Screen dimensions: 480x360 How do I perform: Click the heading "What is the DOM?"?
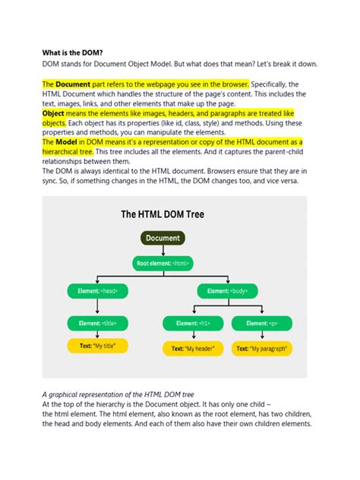click(76, 53)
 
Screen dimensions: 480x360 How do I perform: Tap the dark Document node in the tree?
click(163, 238)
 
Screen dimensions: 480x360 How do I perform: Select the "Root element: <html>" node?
click(163, 264)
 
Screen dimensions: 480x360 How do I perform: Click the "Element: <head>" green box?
click(97, 290)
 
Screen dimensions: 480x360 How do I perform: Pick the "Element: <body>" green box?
click(228, 290)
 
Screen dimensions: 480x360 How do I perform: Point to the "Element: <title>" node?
click(97, 323)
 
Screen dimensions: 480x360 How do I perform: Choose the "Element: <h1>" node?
click(194, 323)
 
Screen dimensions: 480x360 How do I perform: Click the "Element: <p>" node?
click(261, 323)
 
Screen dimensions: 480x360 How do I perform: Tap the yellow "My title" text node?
click(97, 346)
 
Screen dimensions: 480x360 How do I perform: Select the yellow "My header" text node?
click(194, 349)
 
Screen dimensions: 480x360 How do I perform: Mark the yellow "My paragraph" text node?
click(261, 349)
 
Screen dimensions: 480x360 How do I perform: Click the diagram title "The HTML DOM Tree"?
click(162, 214)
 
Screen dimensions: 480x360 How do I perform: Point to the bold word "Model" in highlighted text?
click(66, 142)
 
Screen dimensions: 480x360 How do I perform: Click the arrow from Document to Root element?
click(163, 251)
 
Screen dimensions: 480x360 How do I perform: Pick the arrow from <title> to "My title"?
click(97, 334)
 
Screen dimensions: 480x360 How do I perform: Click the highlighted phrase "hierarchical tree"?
click(71, 151)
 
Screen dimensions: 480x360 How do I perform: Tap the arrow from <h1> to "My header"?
click(194, 336)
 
